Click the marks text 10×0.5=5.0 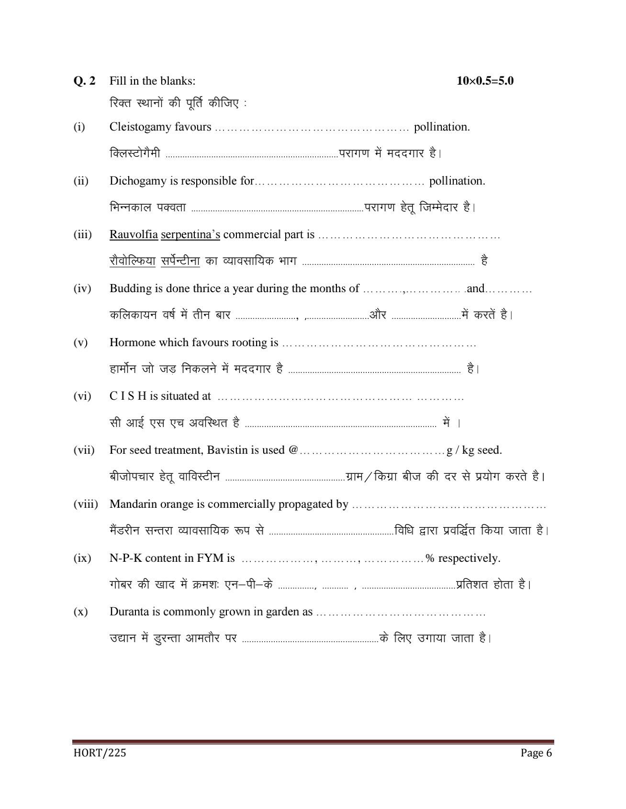point(485,81)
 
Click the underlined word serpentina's point(190,235)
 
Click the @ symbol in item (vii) point(293,450)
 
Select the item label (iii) point(82,235)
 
